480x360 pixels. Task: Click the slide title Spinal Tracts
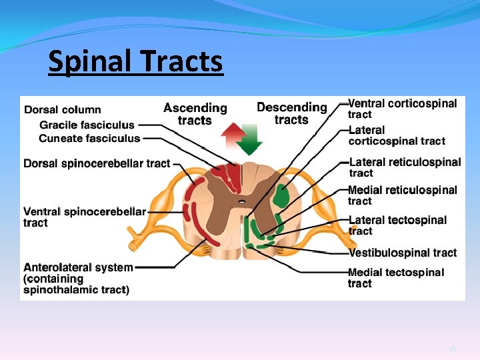pyautogui.click(x=135, y=62)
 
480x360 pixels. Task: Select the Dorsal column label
pyautogui.click(x=63, y=110)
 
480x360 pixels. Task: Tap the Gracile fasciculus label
pyautogui.click(x=87, y=125)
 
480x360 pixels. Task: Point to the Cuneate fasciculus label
pyautogui.click(x=89, y=139)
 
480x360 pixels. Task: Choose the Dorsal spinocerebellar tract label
pyautogui.click(x=97, y=163)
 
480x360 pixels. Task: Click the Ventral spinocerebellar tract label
pyautogui.click(x=84, y=217)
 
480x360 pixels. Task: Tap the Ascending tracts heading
pyautogui.click(x=195, y=114)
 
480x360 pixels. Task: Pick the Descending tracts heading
pyautogui.click(x=292, y=113)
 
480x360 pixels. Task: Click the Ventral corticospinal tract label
pyautogui.click(x=402, y=109)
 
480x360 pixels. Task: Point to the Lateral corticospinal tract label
pyautogui.click(x=397, y=135)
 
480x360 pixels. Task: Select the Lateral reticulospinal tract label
pyautogui.click(x=404, y=167)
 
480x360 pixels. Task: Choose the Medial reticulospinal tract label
pyautogui.click(x=402, y=195)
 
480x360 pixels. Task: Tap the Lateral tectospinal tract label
pyautogui.click(x=397, y=225)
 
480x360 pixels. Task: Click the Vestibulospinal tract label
pyautogui.click(x=403, y=253)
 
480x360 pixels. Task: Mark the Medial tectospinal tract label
pyautogui.click(x=395, y=277)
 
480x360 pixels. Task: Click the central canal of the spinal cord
pyautogui.click(x=241, y=200)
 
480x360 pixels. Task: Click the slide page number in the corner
pyautogui.click(x=452, y=348)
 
